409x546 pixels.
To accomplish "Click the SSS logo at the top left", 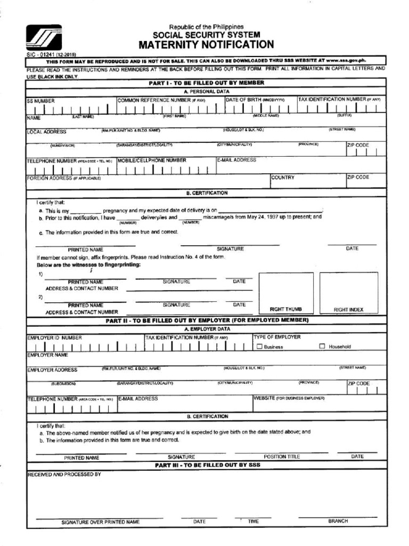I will click(x=44, y=38).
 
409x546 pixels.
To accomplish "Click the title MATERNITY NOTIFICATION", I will click(x=206, y=44).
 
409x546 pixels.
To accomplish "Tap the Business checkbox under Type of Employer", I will click(x=260, y=347).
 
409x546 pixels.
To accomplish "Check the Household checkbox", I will click(x=322, y=347).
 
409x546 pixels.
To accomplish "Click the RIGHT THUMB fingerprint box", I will click(x=285, y=292).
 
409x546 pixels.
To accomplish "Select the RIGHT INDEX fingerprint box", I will click(x=348, y=292).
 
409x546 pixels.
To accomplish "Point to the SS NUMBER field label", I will click(x=41, y=100).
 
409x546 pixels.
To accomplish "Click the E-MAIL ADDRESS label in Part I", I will click(x=236, y=160).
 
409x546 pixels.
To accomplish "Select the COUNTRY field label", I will click(x=282, y=178).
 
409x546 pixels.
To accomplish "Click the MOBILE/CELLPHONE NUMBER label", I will click(x=152, y=160).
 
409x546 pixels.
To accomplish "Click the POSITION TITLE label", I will click(x=282, y=457).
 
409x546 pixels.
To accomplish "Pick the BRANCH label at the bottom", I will click(x=338, y=521).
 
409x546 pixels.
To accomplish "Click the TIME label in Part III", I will click(x=253, y=521).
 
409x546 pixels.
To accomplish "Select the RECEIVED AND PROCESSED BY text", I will click(x=64, y=473).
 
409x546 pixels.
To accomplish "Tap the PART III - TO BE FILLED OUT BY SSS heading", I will click(x=207, y=465).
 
